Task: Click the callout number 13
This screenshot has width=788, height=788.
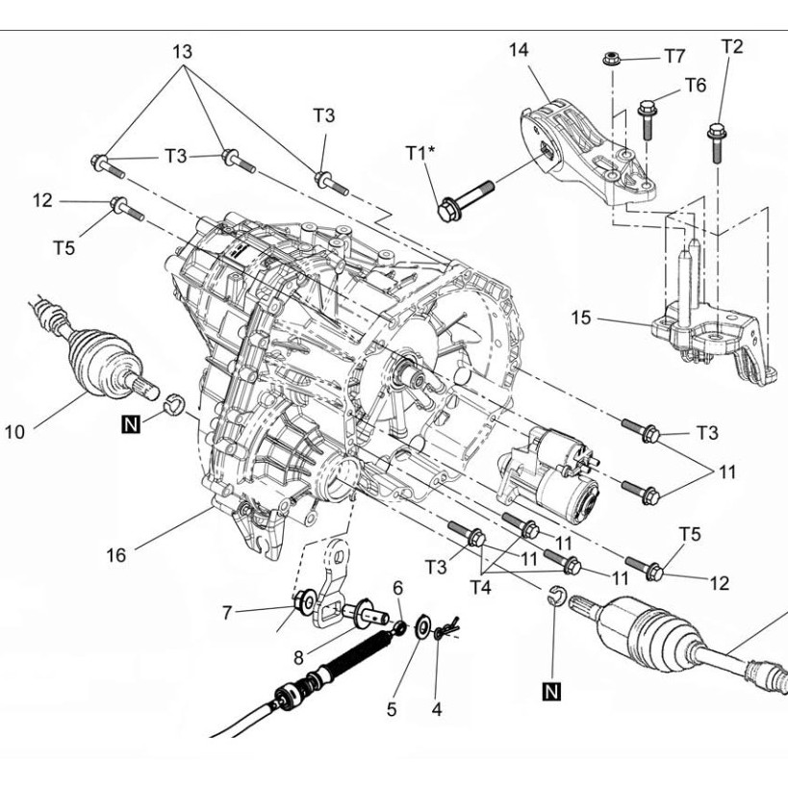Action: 181,51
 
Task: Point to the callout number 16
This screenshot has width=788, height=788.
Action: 116,555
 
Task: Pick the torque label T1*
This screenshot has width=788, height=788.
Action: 419,153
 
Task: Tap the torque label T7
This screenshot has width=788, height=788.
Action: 674,56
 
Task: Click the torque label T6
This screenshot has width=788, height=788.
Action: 695,87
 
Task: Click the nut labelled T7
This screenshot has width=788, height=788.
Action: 609,60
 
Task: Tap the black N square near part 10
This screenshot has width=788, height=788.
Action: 130,420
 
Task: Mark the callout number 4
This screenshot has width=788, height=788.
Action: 437,710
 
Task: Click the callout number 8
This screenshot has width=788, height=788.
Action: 299,658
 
